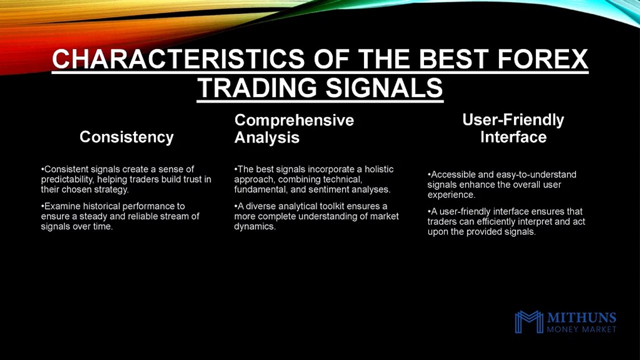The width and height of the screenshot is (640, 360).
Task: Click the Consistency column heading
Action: [126, 137]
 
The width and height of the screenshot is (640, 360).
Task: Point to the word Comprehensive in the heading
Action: [294, 120]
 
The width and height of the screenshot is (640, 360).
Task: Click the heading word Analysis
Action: [266, 137]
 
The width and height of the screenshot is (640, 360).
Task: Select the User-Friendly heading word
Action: [513, 120]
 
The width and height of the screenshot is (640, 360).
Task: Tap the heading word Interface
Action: [513, 137]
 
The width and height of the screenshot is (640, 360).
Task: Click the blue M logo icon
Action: [528, 321]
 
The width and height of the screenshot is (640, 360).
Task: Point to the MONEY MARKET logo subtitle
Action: [581, 329]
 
